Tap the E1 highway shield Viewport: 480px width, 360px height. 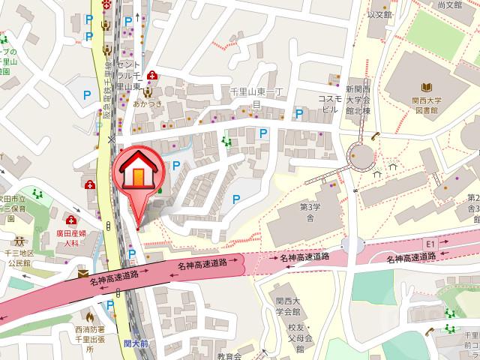(430, 244)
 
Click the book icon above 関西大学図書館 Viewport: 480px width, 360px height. (427, 88)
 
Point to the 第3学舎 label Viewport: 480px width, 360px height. (309, 212)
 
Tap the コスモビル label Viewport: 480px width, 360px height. (330, 103)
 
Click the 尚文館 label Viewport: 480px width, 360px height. (448, 4)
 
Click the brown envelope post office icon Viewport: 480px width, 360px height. (82, 274)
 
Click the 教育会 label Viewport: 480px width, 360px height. (229, 355)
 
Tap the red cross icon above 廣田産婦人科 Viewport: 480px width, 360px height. (71, 221)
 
